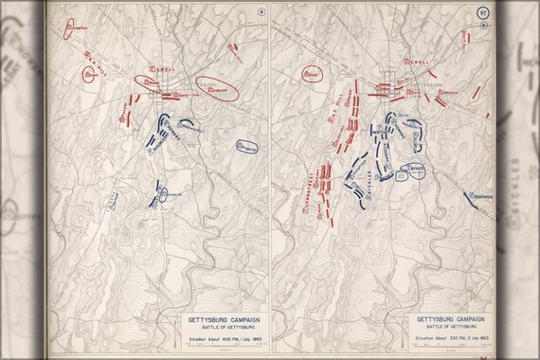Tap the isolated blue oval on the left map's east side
click(248, 147)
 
